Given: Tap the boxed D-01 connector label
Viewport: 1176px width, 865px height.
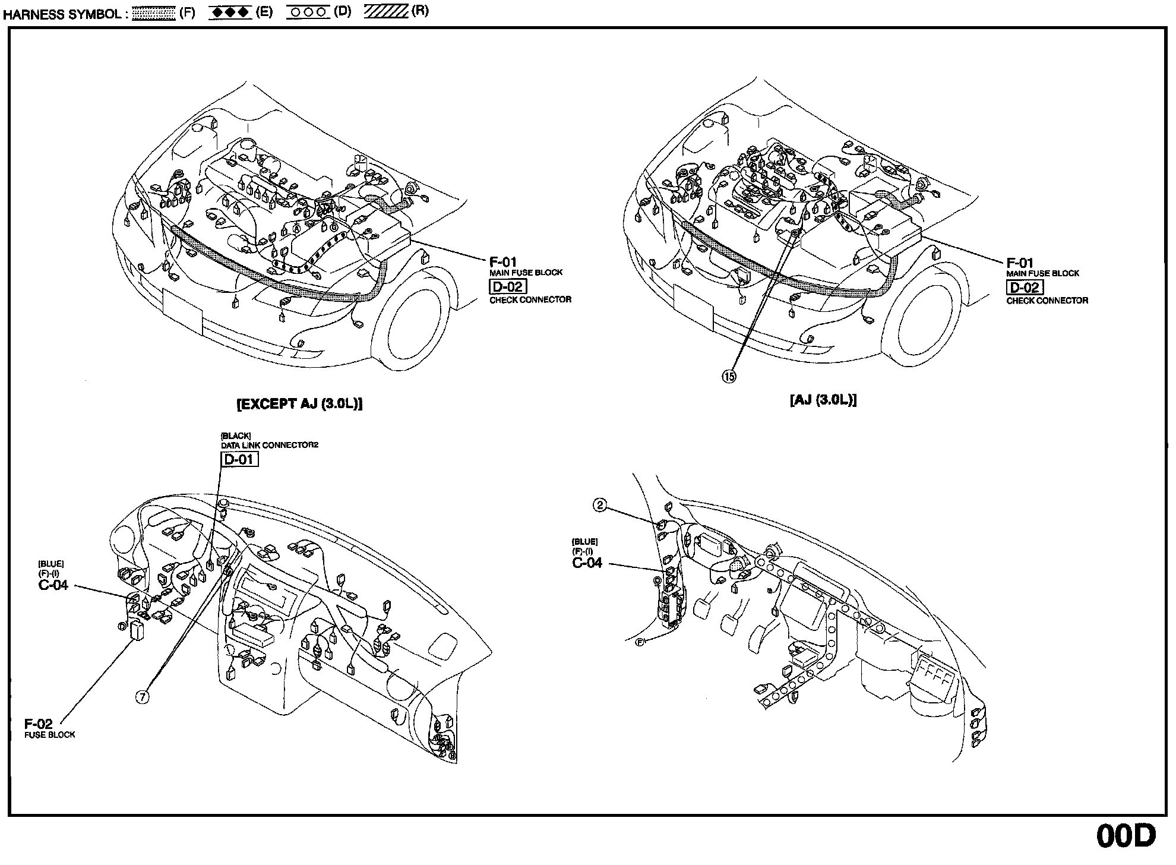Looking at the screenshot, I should (239, 459).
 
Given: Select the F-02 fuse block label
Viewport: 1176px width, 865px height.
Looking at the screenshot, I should (39, 724).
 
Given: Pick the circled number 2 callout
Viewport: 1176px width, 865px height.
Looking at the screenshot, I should (600, 505).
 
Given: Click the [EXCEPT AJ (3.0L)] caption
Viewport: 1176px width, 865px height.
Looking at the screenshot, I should (300, 404).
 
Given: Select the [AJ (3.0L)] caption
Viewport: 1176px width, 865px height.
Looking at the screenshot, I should (823, 400).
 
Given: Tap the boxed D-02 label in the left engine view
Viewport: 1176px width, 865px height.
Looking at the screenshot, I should (507, 286).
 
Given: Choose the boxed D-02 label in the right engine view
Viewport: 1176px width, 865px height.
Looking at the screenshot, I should (1025, 288).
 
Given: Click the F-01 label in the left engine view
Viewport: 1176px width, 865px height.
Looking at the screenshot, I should (502, 261).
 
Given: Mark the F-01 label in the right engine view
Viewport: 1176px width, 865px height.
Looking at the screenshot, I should (1020, 263).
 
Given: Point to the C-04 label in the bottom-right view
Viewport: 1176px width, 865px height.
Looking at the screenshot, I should (587, 563).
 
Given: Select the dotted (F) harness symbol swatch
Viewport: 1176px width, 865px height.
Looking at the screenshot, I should (153, 13).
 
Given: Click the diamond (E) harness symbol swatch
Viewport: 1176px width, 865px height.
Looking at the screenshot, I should (230, 12).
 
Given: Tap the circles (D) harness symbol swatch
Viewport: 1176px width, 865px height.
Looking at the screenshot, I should (308, 12).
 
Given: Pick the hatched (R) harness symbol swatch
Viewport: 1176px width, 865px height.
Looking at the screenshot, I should (385, 12).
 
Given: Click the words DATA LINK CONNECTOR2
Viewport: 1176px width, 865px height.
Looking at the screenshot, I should (270, 445).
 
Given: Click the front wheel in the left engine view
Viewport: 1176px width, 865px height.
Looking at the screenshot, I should (413, 321).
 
